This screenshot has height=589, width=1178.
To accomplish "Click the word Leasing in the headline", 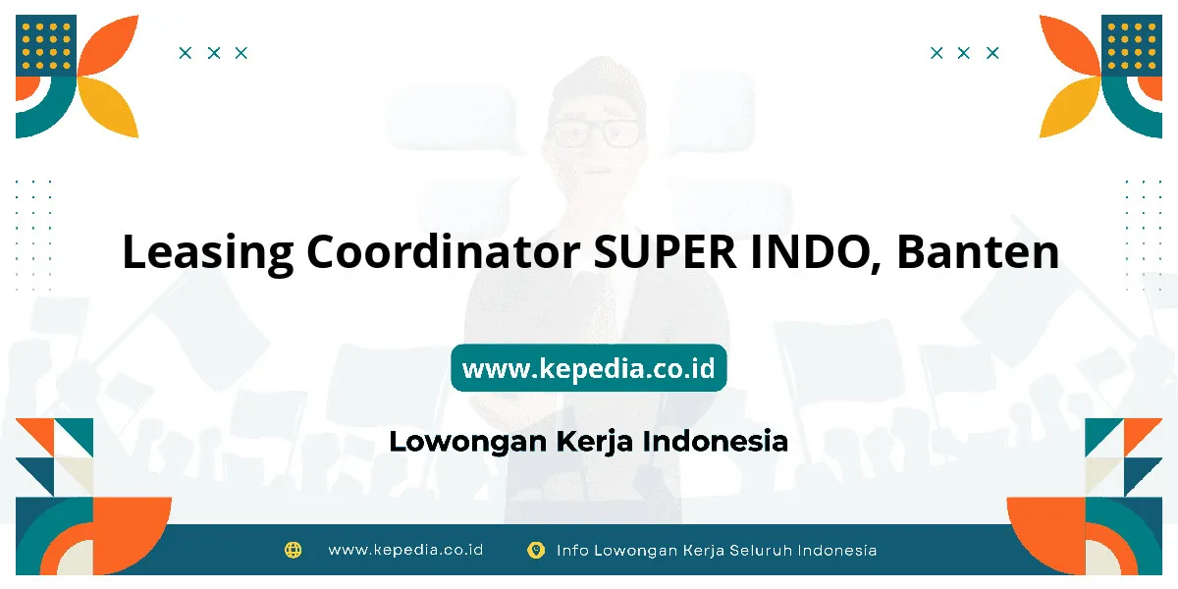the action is click(x=208, y=252).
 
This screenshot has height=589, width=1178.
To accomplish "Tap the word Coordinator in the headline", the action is click(x=444, y=251).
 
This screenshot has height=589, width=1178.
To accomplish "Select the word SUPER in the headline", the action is click(x=665, y=252).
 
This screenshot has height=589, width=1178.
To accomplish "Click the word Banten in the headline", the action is click(x=978, y=252).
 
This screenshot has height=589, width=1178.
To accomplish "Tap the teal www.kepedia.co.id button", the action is click(x=589, y=367).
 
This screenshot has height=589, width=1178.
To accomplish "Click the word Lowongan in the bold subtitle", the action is click(x=468, y=442).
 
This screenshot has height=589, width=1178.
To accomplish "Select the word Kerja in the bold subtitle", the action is click(x=594, y=442).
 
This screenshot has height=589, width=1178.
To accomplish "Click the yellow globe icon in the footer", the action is click(x=293, y=550).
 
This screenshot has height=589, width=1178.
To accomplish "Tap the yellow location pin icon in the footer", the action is click(x=536, y=550).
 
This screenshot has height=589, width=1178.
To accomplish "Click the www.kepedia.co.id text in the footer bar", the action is click(x=405, y=550).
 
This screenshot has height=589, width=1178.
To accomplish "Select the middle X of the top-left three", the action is click(x=214, y=53).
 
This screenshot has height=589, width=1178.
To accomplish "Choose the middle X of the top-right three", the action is click(x=963, y=53).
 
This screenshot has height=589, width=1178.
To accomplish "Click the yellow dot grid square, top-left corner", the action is click(x=46, y=45).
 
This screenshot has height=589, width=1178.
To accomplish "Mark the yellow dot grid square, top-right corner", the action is click(x=1132, y=45).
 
